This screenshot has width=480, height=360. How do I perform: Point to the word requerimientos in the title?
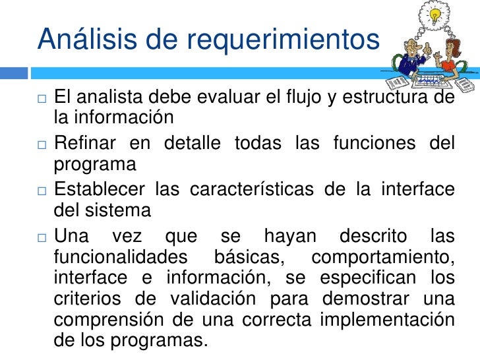283,40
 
